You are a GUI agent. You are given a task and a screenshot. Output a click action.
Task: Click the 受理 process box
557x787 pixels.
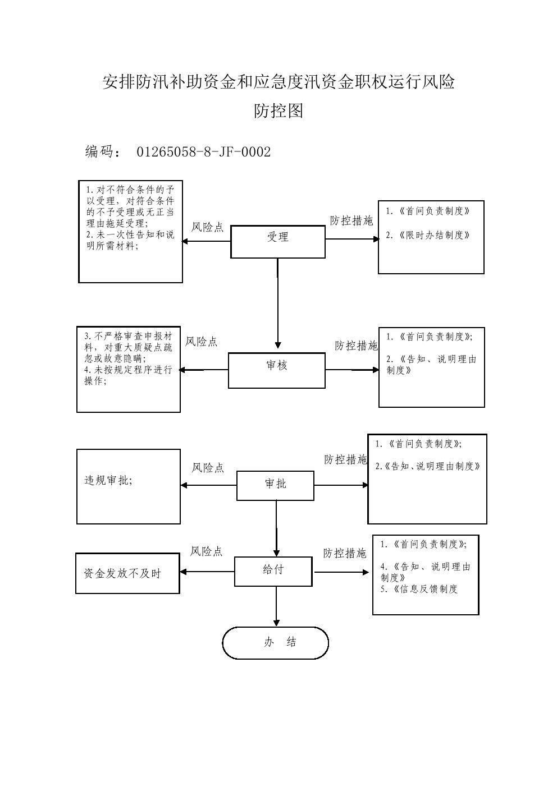point(277,242)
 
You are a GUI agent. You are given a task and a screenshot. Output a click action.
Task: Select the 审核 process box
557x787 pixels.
point(276,370)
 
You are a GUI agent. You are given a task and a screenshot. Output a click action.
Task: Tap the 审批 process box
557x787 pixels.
point(275,485)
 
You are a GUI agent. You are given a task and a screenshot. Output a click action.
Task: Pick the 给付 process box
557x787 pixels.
point(273,571)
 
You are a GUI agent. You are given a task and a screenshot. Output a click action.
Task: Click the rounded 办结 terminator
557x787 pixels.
point(275,643)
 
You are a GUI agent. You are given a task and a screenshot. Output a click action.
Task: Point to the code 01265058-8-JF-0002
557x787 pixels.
point(203,152)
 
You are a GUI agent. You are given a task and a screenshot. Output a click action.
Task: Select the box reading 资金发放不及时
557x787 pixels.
point(127,573)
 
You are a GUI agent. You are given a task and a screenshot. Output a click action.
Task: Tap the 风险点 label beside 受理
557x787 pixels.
point(207,227)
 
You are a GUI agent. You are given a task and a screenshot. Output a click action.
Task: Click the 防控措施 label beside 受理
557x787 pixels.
point(351,221)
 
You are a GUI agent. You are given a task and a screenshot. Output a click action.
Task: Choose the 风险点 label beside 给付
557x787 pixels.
point(206,551)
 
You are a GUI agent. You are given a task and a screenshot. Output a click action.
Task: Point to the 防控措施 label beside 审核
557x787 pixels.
point(356,346)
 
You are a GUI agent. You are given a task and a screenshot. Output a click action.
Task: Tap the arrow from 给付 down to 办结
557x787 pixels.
point(276,606)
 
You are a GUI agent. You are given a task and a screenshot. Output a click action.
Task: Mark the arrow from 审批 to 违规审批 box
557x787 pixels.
point(208,485)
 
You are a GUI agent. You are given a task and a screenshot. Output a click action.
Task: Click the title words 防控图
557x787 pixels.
point(278,111)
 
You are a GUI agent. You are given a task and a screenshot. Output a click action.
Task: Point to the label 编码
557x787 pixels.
point(99,152)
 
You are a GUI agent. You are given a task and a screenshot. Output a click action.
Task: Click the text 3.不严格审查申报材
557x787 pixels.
point(128,337)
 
